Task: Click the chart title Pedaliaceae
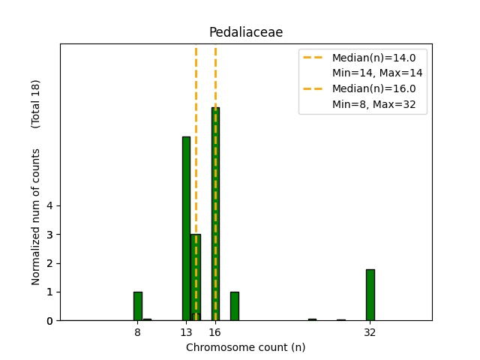[x=245, y=32]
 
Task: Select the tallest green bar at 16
[x=215, y=214]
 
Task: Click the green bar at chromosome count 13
[x=186, y=228]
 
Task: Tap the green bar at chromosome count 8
[x=138, y=306]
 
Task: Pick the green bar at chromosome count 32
[x=370, y=295]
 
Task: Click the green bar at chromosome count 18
[x=234, y=306]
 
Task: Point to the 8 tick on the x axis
[x=137, y=331]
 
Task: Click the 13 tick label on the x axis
[x=186, y=331]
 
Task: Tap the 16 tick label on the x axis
[x=215, y=331]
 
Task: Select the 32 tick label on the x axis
[x=370, y=331]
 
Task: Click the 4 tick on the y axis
[x=49, y=206]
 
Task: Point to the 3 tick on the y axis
[x=49, y=235]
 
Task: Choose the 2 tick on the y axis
[x=49, y=263]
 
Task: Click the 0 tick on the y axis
[x=49, y=320]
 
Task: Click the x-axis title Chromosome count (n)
[x=245, y=347]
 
